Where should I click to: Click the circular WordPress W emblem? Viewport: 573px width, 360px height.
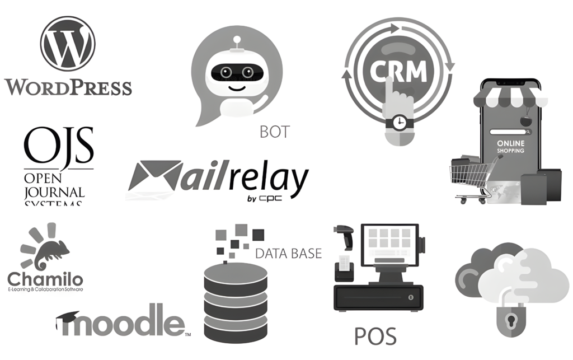click(x=68, y=44)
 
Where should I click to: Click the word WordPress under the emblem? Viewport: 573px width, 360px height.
click(x=68, y=87)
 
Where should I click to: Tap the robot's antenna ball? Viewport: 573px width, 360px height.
click(x=238, y=40)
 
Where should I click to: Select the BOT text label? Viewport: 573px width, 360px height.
click(x=275, y=132)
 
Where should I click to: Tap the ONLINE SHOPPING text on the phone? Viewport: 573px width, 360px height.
click(x=510, y=147)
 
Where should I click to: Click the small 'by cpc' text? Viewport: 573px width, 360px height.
click(x=260, y=199)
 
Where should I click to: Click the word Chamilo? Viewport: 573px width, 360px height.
click(x=45, y=279)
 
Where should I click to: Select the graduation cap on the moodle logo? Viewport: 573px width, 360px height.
click(x=67, y=319)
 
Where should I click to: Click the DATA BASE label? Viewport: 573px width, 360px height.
click(x=288, y=253)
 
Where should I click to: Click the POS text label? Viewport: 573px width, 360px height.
click(x=375, y=336)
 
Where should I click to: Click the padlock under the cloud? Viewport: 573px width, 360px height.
click(x=511, y=321)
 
